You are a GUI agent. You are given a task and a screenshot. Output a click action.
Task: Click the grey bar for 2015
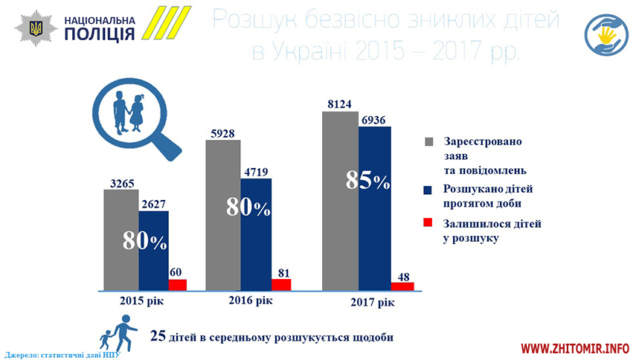[x=121, y=238]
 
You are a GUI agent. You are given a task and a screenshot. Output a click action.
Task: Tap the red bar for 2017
[x=402, y=286]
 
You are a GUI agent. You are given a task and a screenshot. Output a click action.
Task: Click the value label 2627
[x=152, y=203]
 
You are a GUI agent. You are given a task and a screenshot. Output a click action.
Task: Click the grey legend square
[x=428, y=141]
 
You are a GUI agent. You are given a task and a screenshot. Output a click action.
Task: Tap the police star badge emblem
[x=35, y=28]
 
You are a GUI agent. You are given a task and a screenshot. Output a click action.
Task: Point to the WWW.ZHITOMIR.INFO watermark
[x=574, y=348]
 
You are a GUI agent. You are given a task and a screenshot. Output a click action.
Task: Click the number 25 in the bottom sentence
[x=157, y=335]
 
